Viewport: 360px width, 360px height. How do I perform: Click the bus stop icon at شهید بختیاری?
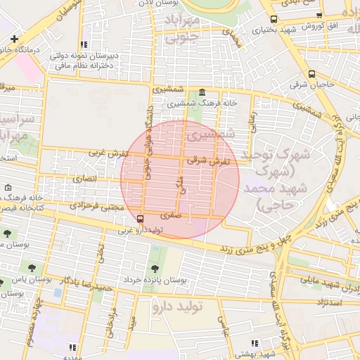tap(274, 20)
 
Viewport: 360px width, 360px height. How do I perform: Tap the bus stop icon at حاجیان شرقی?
tap(311, 74)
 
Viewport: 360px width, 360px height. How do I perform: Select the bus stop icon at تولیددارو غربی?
tap(140, 219)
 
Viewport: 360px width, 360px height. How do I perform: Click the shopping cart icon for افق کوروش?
tap(319, 15)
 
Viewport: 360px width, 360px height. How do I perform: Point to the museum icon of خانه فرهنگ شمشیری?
tap(202, 93)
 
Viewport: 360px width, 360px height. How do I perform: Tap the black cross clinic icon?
tap(14, 38)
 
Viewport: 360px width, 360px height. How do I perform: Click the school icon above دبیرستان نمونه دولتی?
tap(84, 44)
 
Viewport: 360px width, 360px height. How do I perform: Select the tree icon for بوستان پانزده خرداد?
tap(155, 268)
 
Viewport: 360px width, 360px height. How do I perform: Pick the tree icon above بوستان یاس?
tap(32, 266)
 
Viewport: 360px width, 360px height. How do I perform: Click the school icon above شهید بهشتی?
tap(255, 343)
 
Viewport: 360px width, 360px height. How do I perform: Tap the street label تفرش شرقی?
tap(208, 161)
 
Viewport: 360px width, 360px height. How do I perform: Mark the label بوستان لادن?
tap(155, 4)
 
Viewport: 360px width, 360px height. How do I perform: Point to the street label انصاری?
tap(85, 179)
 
